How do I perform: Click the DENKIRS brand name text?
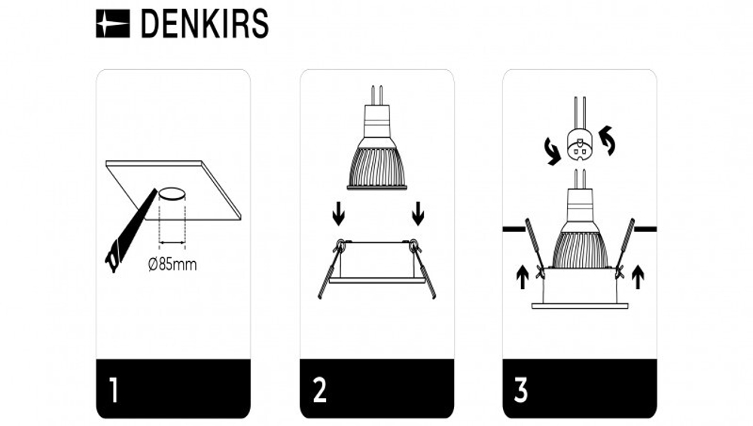click(x=204, y=24)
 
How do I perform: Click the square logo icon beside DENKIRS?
click(x=113, y=24)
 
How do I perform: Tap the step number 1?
click(x=113, y=391)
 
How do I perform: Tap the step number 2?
click(x=319, y=391)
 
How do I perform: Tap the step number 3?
click(x=521, y=391)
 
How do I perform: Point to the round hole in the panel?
click(x=172, y=194)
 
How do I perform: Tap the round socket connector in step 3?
click(x=580, y=145)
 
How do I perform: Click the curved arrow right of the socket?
click(x=607, y=141)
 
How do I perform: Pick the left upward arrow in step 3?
click(x=522, y=277)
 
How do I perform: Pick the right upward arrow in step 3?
click(x=639, y=277)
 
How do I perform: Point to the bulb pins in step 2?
click(x=376, y=96)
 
